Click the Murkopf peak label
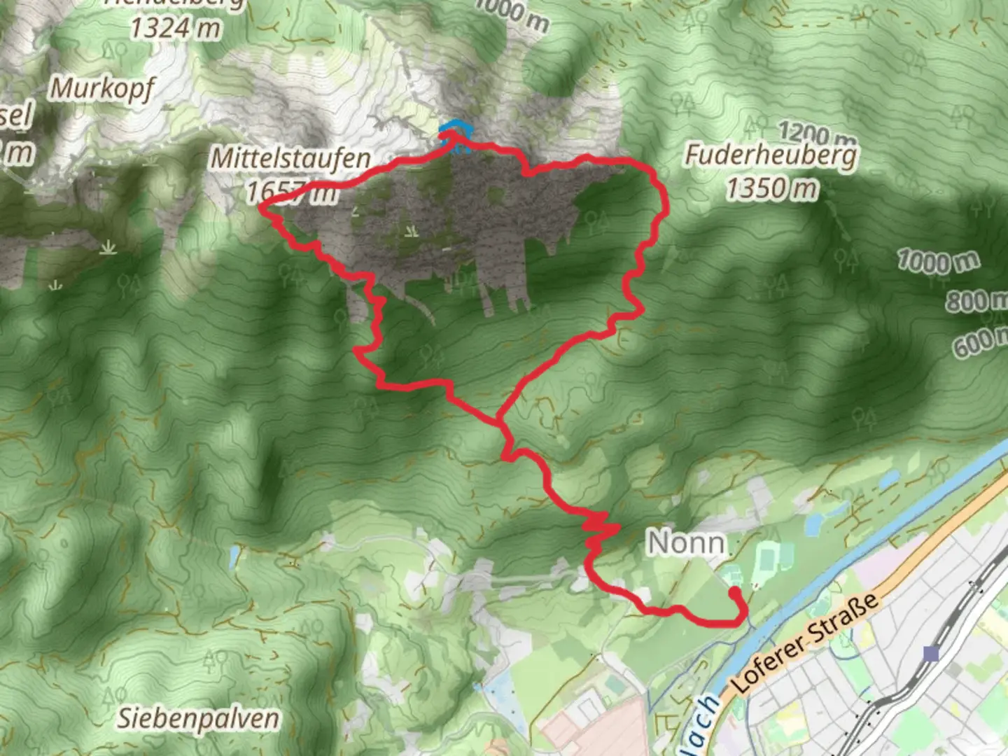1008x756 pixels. pos(102,90)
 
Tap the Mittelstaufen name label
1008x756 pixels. pos(290,158)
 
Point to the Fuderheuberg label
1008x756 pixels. pos(770,155)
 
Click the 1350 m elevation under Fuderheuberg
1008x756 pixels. pos(771,188)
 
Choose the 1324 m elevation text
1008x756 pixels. pos(175,28)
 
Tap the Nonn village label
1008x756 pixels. pos(685,542)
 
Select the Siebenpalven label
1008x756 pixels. pos(197,718)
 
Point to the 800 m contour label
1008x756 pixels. pos(976,301)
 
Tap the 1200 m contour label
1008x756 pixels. pos(816,132)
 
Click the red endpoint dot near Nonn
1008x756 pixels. pos(734,593)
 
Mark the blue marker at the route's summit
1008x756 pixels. pos(453,129)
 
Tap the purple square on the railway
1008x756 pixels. pos(930,654)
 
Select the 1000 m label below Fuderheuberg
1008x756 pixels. pos(938,261)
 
